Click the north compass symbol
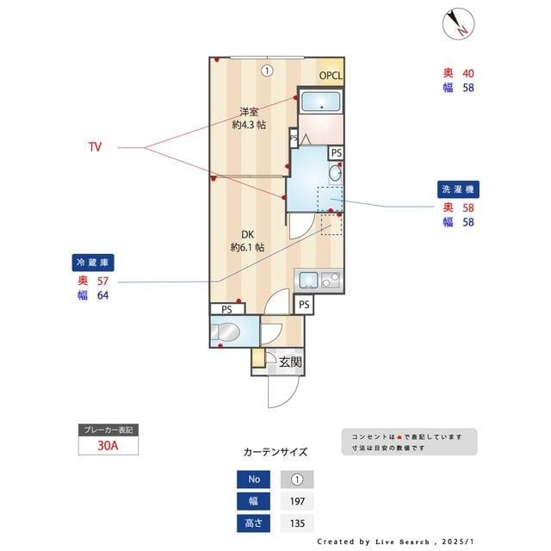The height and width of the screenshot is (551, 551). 455,23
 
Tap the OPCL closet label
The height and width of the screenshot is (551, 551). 331,76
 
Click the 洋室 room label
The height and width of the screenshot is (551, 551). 250,112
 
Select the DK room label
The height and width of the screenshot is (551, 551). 247,233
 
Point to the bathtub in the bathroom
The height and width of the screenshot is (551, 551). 321,104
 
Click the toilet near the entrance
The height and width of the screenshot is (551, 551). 229,331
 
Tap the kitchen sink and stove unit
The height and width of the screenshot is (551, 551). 319,279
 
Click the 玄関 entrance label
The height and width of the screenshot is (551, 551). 290,362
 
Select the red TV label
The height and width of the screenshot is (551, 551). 95,147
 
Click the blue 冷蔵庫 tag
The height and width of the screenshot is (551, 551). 93,263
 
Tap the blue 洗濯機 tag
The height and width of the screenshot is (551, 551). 459,189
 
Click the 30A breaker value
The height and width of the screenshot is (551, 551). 108,447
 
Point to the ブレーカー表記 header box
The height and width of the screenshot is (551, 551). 108,430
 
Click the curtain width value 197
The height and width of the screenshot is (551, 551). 297,501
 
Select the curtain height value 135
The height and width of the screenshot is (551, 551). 297,523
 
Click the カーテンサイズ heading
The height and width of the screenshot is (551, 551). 275,452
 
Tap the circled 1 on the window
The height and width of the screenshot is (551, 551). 268,71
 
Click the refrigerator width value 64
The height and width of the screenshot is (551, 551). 102,296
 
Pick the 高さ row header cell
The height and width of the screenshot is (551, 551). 254,523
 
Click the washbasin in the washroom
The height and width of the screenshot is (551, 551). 335,172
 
